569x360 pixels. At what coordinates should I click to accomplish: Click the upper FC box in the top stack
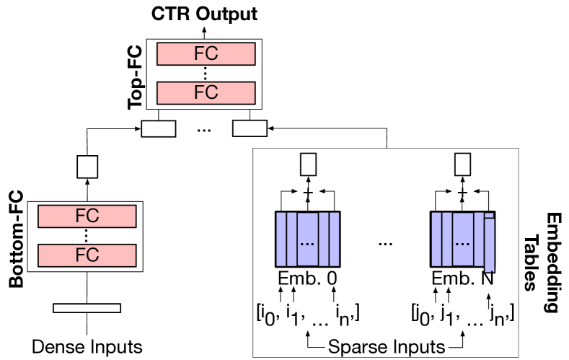point(206,53)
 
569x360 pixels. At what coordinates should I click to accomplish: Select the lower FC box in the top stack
point(206,92)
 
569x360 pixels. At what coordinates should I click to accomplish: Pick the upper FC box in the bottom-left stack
point(87,216)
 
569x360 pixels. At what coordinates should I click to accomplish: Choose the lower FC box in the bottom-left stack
point(87,255)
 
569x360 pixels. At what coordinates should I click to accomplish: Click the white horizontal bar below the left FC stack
point(87,308)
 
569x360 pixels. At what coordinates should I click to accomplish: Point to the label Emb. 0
point(308,278)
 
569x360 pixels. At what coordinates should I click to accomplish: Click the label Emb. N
point(462,278)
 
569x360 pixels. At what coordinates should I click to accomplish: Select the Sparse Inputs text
point(386,347)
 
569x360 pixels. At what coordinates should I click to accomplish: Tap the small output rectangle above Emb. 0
point(308,165)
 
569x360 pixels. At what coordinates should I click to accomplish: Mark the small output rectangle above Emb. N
point(462,165)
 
